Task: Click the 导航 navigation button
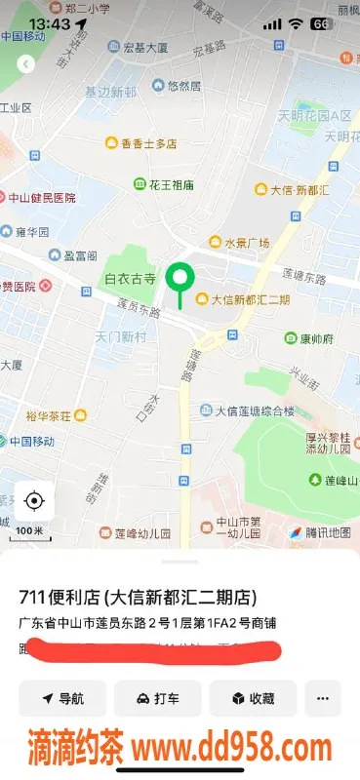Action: tap(62, 698)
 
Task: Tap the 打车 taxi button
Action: tap(157, 698)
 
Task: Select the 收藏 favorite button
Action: tap(253, 698)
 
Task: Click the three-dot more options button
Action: tap(323, 698)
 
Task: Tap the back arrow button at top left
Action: tap(26, 63)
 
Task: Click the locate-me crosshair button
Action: tap(34, 501)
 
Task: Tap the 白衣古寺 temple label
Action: tap(130, 279)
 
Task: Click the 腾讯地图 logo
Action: tap(319, 532)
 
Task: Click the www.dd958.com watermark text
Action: tap(233, 749)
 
